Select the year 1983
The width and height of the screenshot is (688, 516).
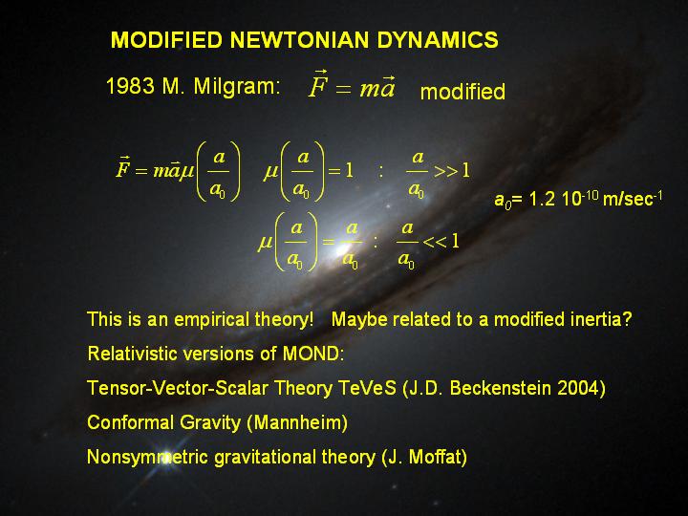pyautogui.click(x=130, y=86)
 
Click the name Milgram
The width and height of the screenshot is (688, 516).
pyautogui.click(x=237, y=86)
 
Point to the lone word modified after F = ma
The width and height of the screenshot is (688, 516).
pyautogui.click(x=462, y=92)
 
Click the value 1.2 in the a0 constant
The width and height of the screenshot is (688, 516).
pyautogui.click(x=540, y=199)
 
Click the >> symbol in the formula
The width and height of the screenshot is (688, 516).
pyautogui.click(x=446, y=171)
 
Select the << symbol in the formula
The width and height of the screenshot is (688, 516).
pyautogui.click(x=436, y=242)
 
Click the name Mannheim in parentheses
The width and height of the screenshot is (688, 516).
pyautogui.click(x=297, y=422)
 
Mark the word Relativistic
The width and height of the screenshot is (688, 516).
pyautogui.click(x=132, y=354)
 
